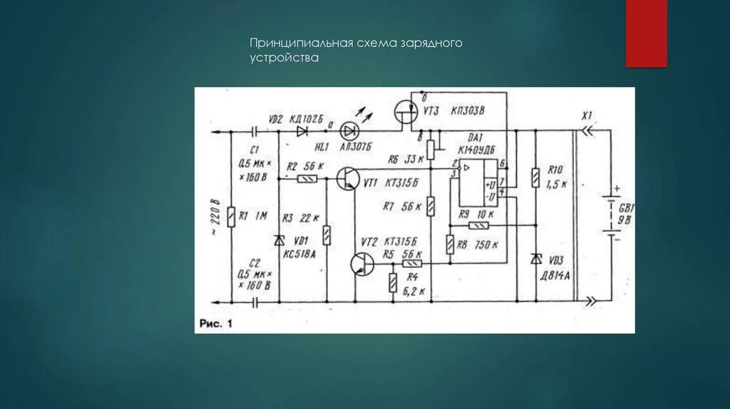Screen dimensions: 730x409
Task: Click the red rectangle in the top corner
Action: click(x=646, y=33)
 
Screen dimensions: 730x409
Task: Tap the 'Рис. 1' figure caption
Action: click(x=216, y=323)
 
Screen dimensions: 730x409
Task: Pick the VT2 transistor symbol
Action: click(x=362, y=264)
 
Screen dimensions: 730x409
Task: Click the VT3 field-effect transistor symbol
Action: click(x=406, y=114)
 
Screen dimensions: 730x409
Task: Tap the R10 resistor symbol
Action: click(x=535, y=177)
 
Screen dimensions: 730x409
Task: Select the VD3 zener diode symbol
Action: click(x=535, y=259)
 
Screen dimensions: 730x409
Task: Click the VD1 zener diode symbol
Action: click(x=279, y=241)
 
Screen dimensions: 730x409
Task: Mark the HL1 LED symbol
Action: click(x=349, y=131)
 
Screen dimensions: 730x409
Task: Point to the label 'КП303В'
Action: click(x=467, y=111)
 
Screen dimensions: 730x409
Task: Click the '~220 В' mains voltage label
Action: click(x=212, y=217)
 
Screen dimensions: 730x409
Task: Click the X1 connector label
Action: click(x=587, y=115)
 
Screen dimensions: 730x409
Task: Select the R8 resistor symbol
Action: click(x=450, y=244)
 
